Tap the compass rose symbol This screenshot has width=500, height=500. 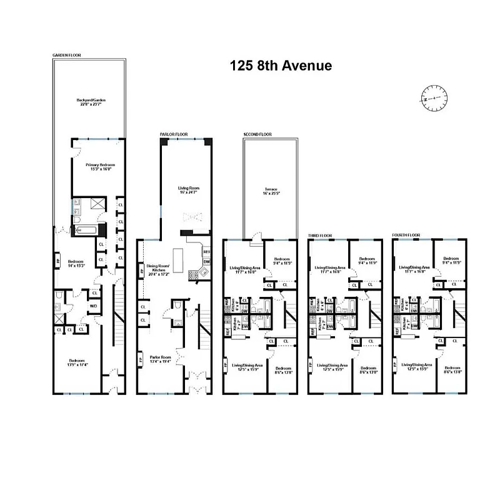(431, 98)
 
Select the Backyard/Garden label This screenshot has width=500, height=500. (89, 102)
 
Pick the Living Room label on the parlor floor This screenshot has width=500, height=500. (186, 189)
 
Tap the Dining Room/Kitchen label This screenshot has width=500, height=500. (158, 269)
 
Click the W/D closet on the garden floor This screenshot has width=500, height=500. (93, 306)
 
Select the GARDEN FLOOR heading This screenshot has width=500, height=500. (66, 55)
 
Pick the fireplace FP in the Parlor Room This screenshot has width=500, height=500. (140, 361)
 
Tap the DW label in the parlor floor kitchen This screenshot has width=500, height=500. (207, 262)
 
